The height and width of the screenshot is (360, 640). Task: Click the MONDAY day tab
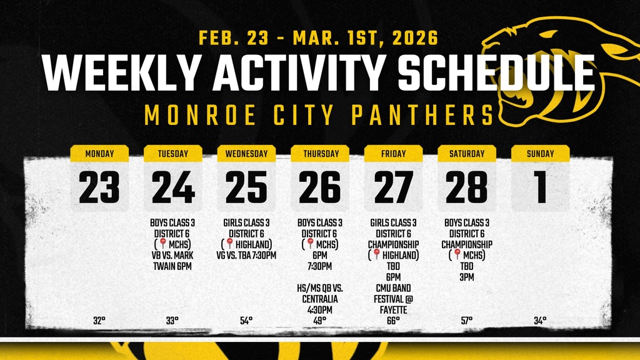click(99, 153)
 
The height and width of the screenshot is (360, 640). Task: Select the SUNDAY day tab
click(540, 153)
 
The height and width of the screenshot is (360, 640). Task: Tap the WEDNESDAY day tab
click(246, 153)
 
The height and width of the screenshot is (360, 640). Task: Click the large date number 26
click(320, 187)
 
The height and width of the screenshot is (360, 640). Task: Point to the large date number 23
click(99, 187)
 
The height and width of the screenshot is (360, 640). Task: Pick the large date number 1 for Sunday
click(540, 187)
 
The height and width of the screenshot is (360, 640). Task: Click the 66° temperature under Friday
click(393, 321)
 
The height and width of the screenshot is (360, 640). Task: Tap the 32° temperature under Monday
click(99, 321)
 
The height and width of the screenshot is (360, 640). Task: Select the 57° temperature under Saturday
click(467, 321)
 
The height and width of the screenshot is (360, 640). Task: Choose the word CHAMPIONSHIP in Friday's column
click(393, 244)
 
